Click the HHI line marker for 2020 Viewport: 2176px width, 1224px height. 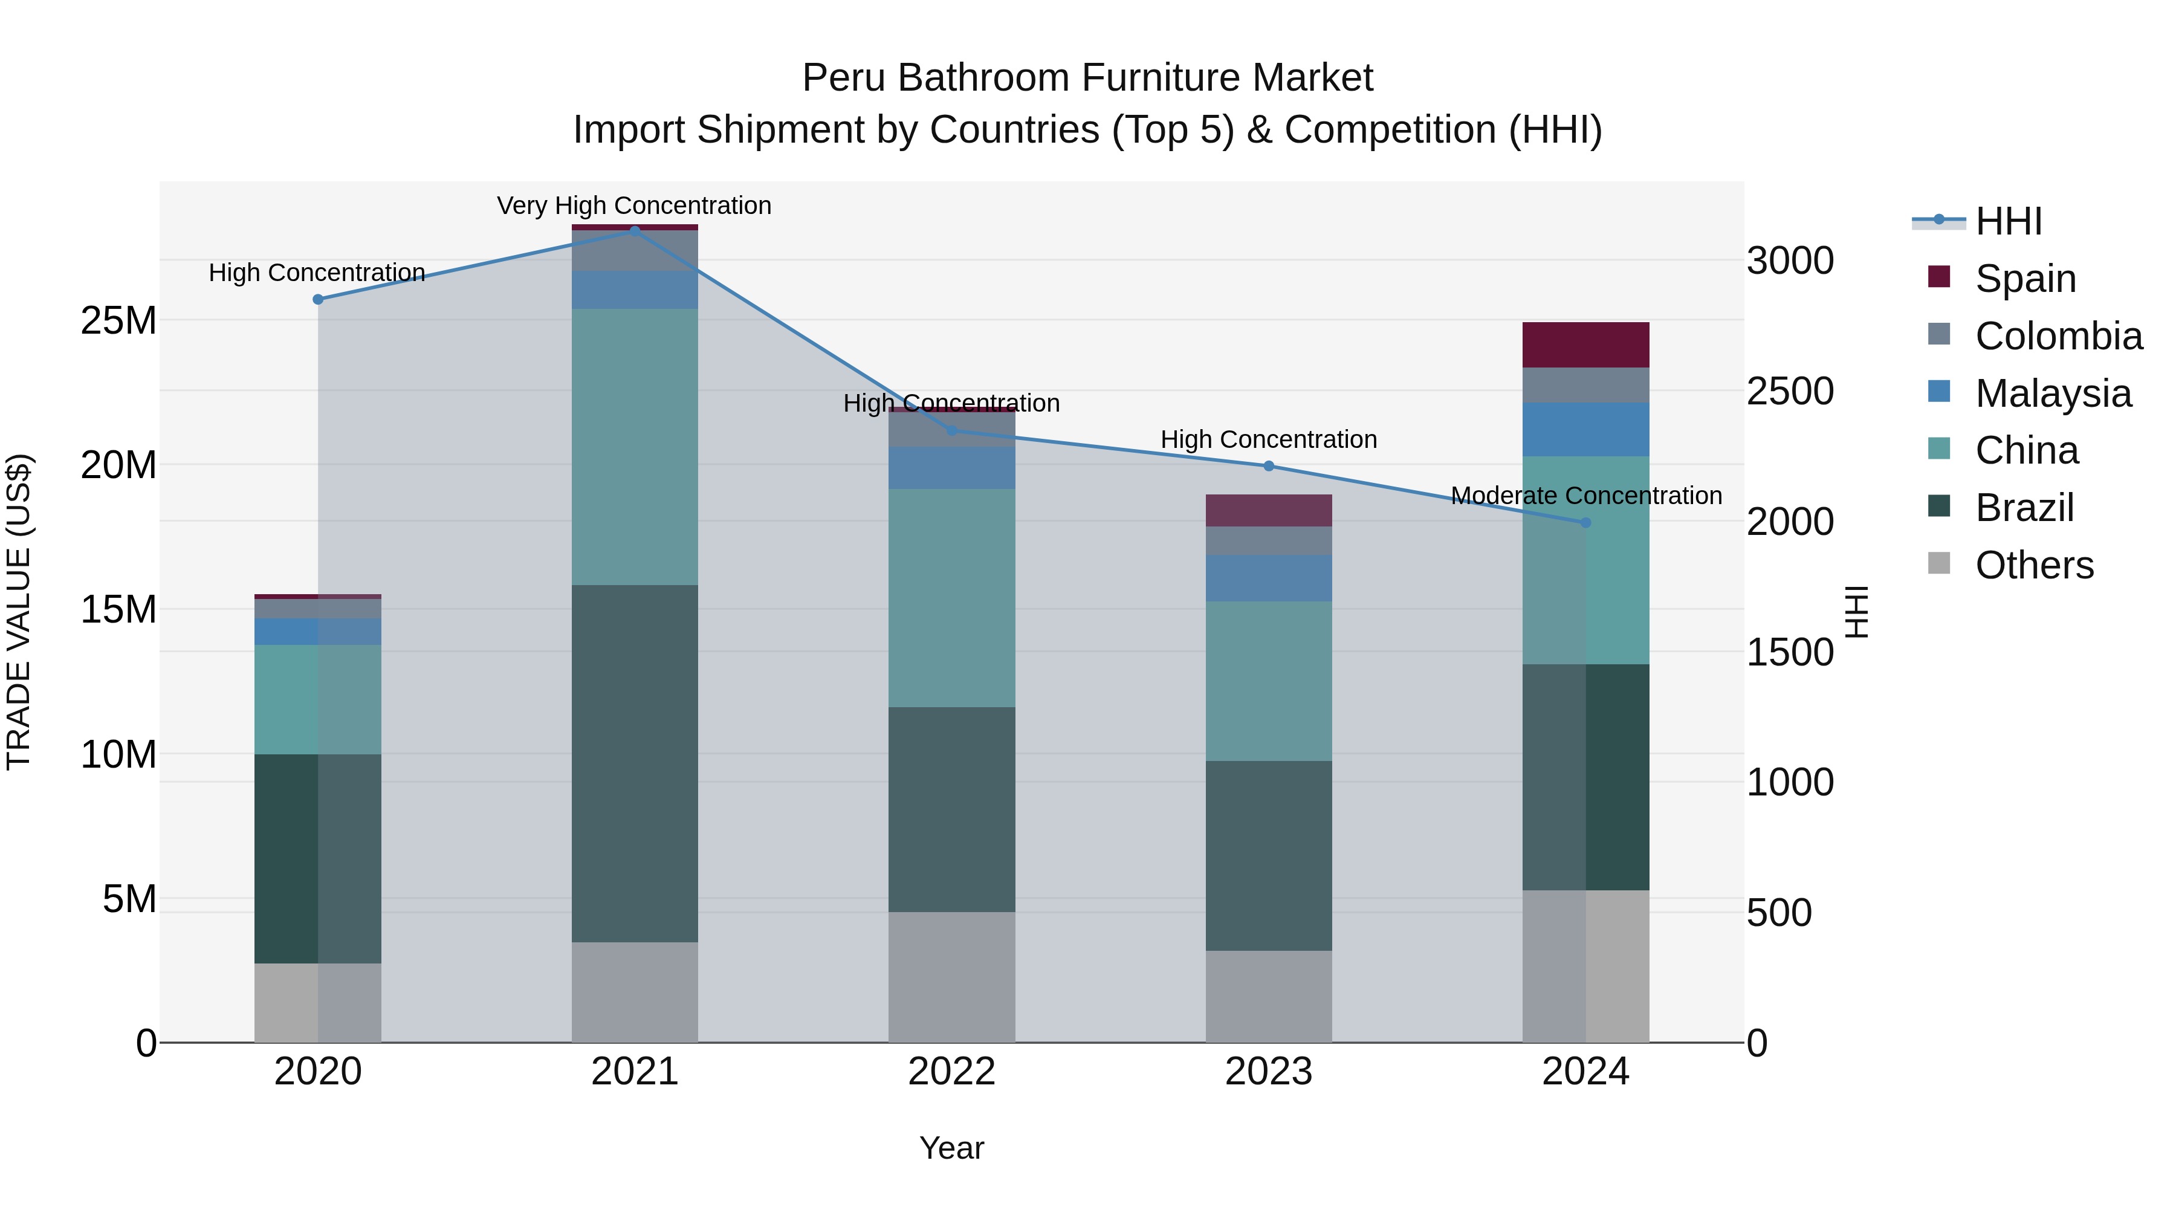coord(317,300)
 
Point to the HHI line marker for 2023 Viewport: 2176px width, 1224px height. coord(1268,466)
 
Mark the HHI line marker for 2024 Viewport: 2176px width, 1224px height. coord(1585,523)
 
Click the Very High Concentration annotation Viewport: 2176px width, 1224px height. coord(633,206)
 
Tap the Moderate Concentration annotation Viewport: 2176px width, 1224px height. coord(1585,496)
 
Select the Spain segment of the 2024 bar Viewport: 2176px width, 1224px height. coord(1585,345)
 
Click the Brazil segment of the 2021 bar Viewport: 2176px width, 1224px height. coord(635,763)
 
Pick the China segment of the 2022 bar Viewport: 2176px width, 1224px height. coord(951,598)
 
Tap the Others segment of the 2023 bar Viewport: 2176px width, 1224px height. coord(1268,996)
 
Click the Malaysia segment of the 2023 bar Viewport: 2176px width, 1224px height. coord(1268,578)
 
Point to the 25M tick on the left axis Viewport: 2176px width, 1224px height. coord(118,321)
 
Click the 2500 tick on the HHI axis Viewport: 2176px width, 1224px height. coord(1789,391)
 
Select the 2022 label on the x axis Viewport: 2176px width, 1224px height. coord(951,1072)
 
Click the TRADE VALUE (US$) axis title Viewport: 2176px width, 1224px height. coord(19,612)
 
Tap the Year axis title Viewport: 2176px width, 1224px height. coord(951,1148)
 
